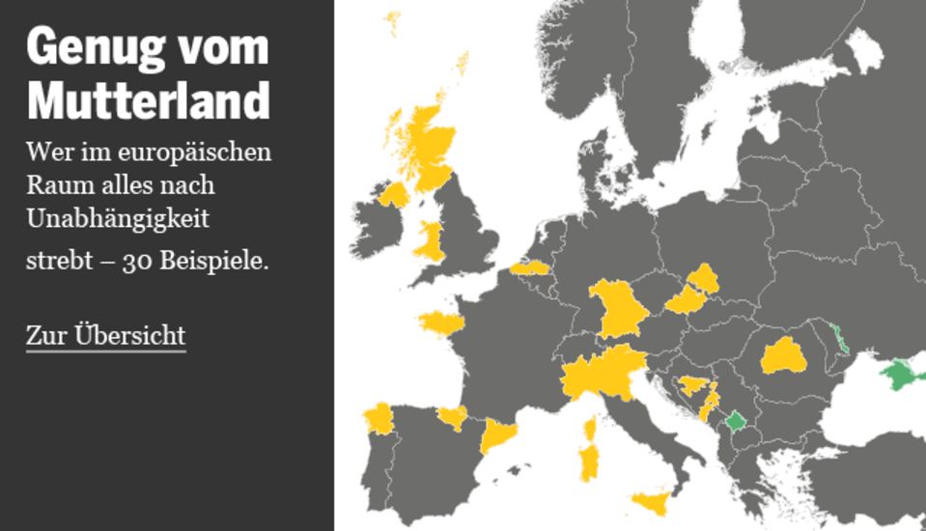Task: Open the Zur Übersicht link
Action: (x=105, y=336)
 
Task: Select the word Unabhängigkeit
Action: (x=118, y=219)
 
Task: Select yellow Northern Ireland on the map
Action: (x=395, y=195)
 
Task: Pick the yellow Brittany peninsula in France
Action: (x=440, y=321)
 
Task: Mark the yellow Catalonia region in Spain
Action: (x=496, y=435)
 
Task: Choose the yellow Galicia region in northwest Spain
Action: (x=378, y=419)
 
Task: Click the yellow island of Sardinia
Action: (x=587, y=462)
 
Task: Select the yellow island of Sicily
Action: (x=651, y=502)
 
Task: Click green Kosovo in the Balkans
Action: (x=736, y=421)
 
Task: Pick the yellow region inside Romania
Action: (x=783, y=356)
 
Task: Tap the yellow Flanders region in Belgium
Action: (x=529, y=267)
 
